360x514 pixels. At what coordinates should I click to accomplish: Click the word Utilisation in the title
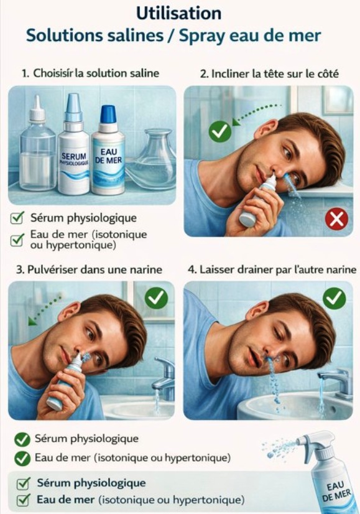tap(178, 13)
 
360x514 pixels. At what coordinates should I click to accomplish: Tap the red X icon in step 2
tap(336, 219)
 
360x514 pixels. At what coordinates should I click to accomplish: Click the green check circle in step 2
tap(219, 131)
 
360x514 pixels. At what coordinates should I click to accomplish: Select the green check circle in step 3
tap(156, 299)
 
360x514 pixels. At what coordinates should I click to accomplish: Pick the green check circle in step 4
tap(335, 299)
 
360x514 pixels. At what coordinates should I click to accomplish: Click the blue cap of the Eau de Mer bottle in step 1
tap(108, 114)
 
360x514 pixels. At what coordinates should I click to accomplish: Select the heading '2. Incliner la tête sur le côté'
tap(269, 73)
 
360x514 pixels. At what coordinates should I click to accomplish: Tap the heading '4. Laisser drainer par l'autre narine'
tap(272, 269)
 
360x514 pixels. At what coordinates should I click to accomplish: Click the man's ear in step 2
tap(267, 129)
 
